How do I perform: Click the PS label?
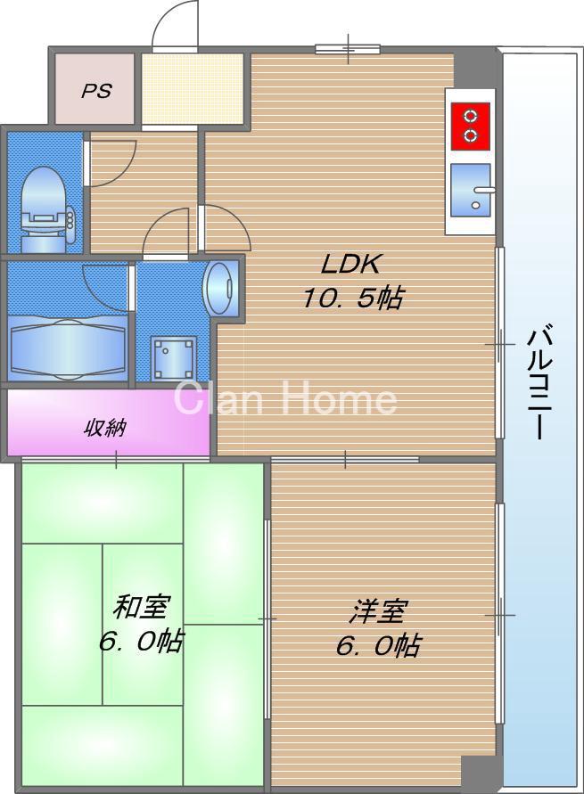[x=96, y=91]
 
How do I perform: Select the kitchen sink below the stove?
[x=471, y=190]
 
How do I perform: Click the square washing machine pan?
[x=173, y=358]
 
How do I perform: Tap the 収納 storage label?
[x=104, y=429]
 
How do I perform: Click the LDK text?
[x=350, y=265]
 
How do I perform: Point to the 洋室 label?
[x=378, y=612]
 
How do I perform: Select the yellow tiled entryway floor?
[x=193, y=89]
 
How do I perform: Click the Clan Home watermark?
[x=285, y=398]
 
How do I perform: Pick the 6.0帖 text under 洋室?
[x=378, y=645]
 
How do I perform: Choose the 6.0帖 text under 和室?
[x=140, y=641]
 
